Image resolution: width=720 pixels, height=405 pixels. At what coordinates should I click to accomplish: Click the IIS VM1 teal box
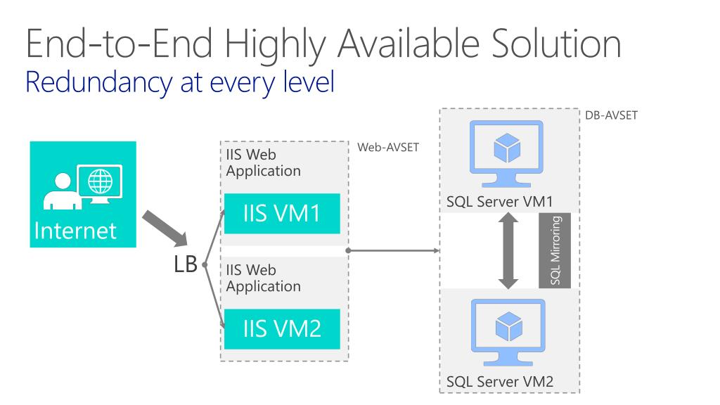(x=282, y=213)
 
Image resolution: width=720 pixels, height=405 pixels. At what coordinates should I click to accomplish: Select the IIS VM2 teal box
(x=282, y=328)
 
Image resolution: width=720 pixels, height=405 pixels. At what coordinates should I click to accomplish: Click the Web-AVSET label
(x=385, y=148)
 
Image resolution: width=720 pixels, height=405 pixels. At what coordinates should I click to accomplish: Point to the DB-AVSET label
(x=611, y=115)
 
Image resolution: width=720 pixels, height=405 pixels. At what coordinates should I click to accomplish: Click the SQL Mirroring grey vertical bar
(x=554, y=250)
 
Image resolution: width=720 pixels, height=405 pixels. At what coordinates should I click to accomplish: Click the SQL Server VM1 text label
(x=499, y=202)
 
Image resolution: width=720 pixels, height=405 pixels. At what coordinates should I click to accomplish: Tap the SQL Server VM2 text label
(x=499, y=382)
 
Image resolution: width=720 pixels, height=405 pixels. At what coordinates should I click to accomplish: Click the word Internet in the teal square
(x=76, y=230)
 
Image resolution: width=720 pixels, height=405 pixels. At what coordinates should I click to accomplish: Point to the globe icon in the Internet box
(x=100, y=181)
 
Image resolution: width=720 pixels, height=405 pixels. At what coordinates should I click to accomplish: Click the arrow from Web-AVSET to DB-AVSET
(x=394, y=250)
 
